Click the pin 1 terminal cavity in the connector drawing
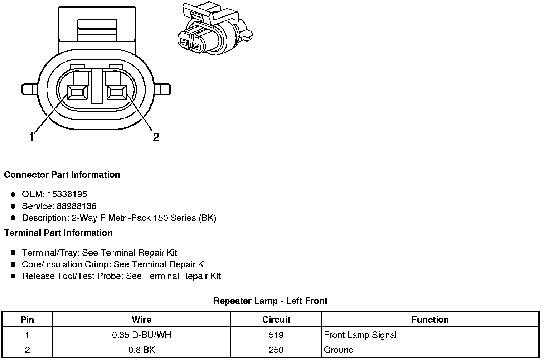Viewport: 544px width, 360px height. [77, 92]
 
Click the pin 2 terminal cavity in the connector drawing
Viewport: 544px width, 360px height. [117, 92]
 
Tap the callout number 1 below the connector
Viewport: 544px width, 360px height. [31, 137]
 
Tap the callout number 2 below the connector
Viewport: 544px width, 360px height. [156, 137]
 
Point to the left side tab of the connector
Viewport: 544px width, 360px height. [30, 89]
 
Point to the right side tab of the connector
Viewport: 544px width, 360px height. [162, 89]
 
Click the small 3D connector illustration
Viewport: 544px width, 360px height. [215, 28]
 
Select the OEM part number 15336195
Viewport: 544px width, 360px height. [67, 194]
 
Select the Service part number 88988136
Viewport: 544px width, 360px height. [77, 206]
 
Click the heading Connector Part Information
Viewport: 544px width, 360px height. [62, 175]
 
